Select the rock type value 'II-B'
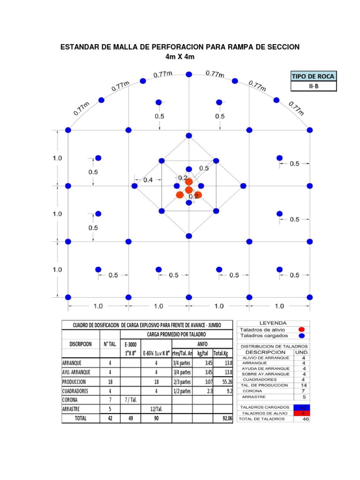pyautogui.click(x=314, y=87)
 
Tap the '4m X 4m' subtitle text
pyautogui.click(x=180, y=57)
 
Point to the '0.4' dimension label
pyautogui.click(x=148, y=180)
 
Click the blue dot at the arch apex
pyautogui.click(x=188, y=74)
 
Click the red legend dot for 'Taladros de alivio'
pyautogui.click(x=301, y=330)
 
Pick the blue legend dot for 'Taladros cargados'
pyautogui.click(x=301, y=336)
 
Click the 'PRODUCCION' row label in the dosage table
pyautogui.click(x=75, y=382)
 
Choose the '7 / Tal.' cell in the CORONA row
pyautogui.click(x=131, y=400)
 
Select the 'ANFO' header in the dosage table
pyautogui.click(x=202, y=344)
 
